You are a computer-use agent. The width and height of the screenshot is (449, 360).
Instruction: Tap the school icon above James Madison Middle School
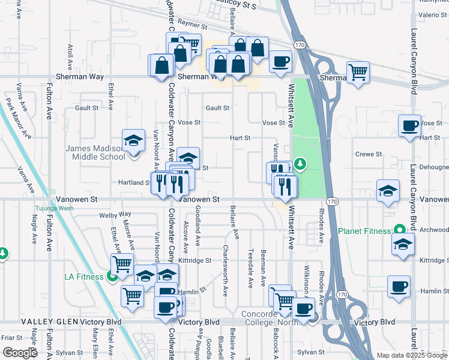tap(133, 140)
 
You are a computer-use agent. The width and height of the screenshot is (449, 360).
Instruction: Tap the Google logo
tap(19, 352)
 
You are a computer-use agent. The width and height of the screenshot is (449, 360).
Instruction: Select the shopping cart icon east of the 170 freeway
tap(358, 72)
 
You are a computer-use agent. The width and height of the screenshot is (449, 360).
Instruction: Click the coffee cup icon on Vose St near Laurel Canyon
tap(410, 126)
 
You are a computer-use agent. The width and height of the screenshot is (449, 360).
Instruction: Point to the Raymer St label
tap(192, 27)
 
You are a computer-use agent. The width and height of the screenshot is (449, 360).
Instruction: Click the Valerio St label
tap(430, 14)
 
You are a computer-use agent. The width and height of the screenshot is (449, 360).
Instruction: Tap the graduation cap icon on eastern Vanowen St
tap(388, 191)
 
